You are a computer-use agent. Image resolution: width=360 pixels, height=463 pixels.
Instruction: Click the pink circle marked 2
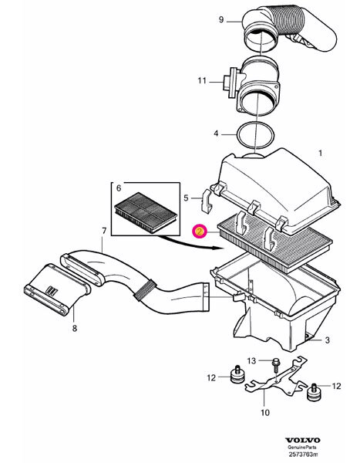tap(200, 230)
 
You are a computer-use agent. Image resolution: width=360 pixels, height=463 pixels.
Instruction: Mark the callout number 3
tap(326, 340)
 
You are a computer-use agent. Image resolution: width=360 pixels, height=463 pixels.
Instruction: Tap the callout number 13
tap(251, 360)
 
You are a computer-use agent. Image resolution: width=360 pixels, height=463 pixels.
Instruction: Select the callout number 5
tap(185, 198)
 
